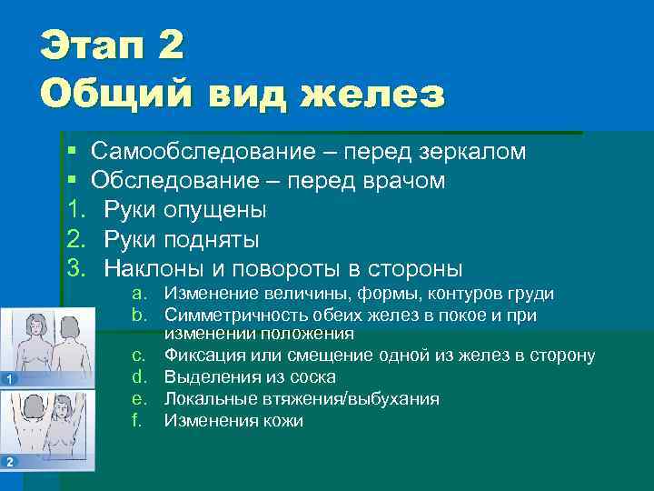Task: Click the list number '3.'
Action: click(x=77, y=269)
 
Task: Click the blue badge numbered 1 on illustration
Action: click(x=8, y=378)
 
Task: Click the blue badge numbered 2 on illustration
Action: click(x=8, y=462)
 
